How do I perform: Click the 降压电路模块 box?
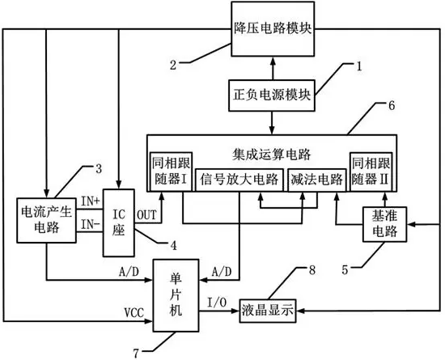click(x=273, y=28)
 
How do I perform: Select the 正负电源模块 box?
click(x=272, y=95)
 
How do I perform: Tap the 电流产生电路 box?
click(x=47, y=220)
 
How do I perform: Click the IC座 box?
click(x=119, y=222)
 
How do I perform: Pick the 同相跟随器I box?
click(x=171, y=172)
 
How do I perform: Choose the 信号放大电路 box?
click(x=239, y=180)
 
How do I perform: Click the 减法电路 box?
click(x=316, y=180)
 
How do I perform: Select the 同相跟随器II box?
click(x=371, y=172)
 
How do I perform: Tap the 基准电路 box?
click(x=384, y=224)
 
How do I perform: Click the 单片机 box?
click(x=176, y=295)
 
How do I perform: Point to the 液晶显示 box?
click(x=268, y=311)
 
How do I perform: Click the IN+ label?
click(x=91, y=201)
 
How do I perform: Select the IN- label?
click(x=91, y=224)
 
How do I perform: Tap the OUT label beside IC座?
click(x=146, y=215)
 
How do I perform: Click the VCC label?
click(x=134, y=312)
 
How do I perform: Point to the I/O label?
click(x=217, y=303)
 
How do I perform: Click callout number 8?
click(x=312, y=270)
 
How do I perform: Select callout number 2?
click(x=173, y=65)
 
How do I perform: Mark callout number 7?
click(x=136, y=354)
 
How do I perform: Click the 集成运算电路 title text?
click(x=272, y=155)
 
